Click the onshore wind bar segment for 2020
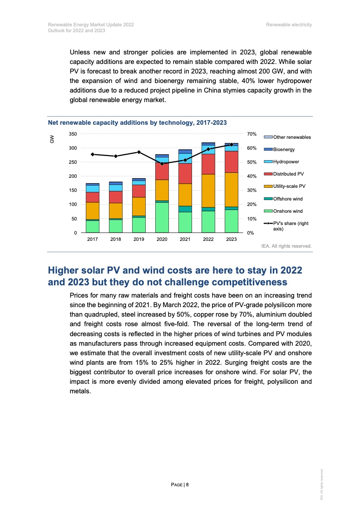click(162, 217)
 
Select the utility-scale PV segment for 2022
click(208, 191)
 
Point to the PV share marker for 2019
click(139, 152)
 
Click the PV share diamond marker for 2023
click(232, 145)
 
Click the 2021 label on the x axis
click(185, 240)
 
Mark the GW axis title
click(52, 139)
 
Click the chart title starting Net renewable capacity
click(137, 123)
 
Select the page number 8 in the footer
click(187, 485)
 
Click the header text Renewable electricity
click(289, 24)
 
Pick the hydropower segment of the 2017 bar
click(93, 189)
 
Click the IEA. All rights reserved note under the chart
click(286, 246)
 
